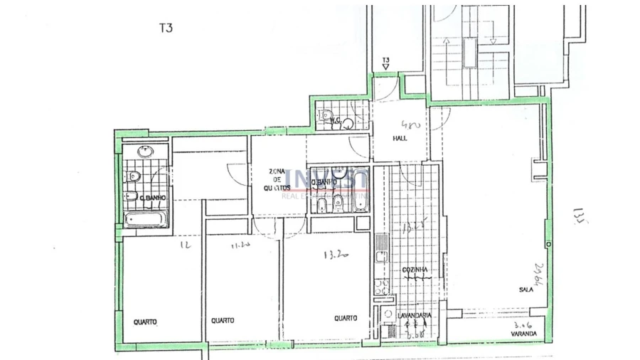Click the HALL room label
click(400, 138)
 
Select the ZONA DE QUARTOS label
click(277, 179)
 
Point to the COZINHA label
click(415, 271)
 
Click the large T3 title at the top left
click(165, 28)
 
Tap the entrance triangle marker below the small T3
click(385, 68)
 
